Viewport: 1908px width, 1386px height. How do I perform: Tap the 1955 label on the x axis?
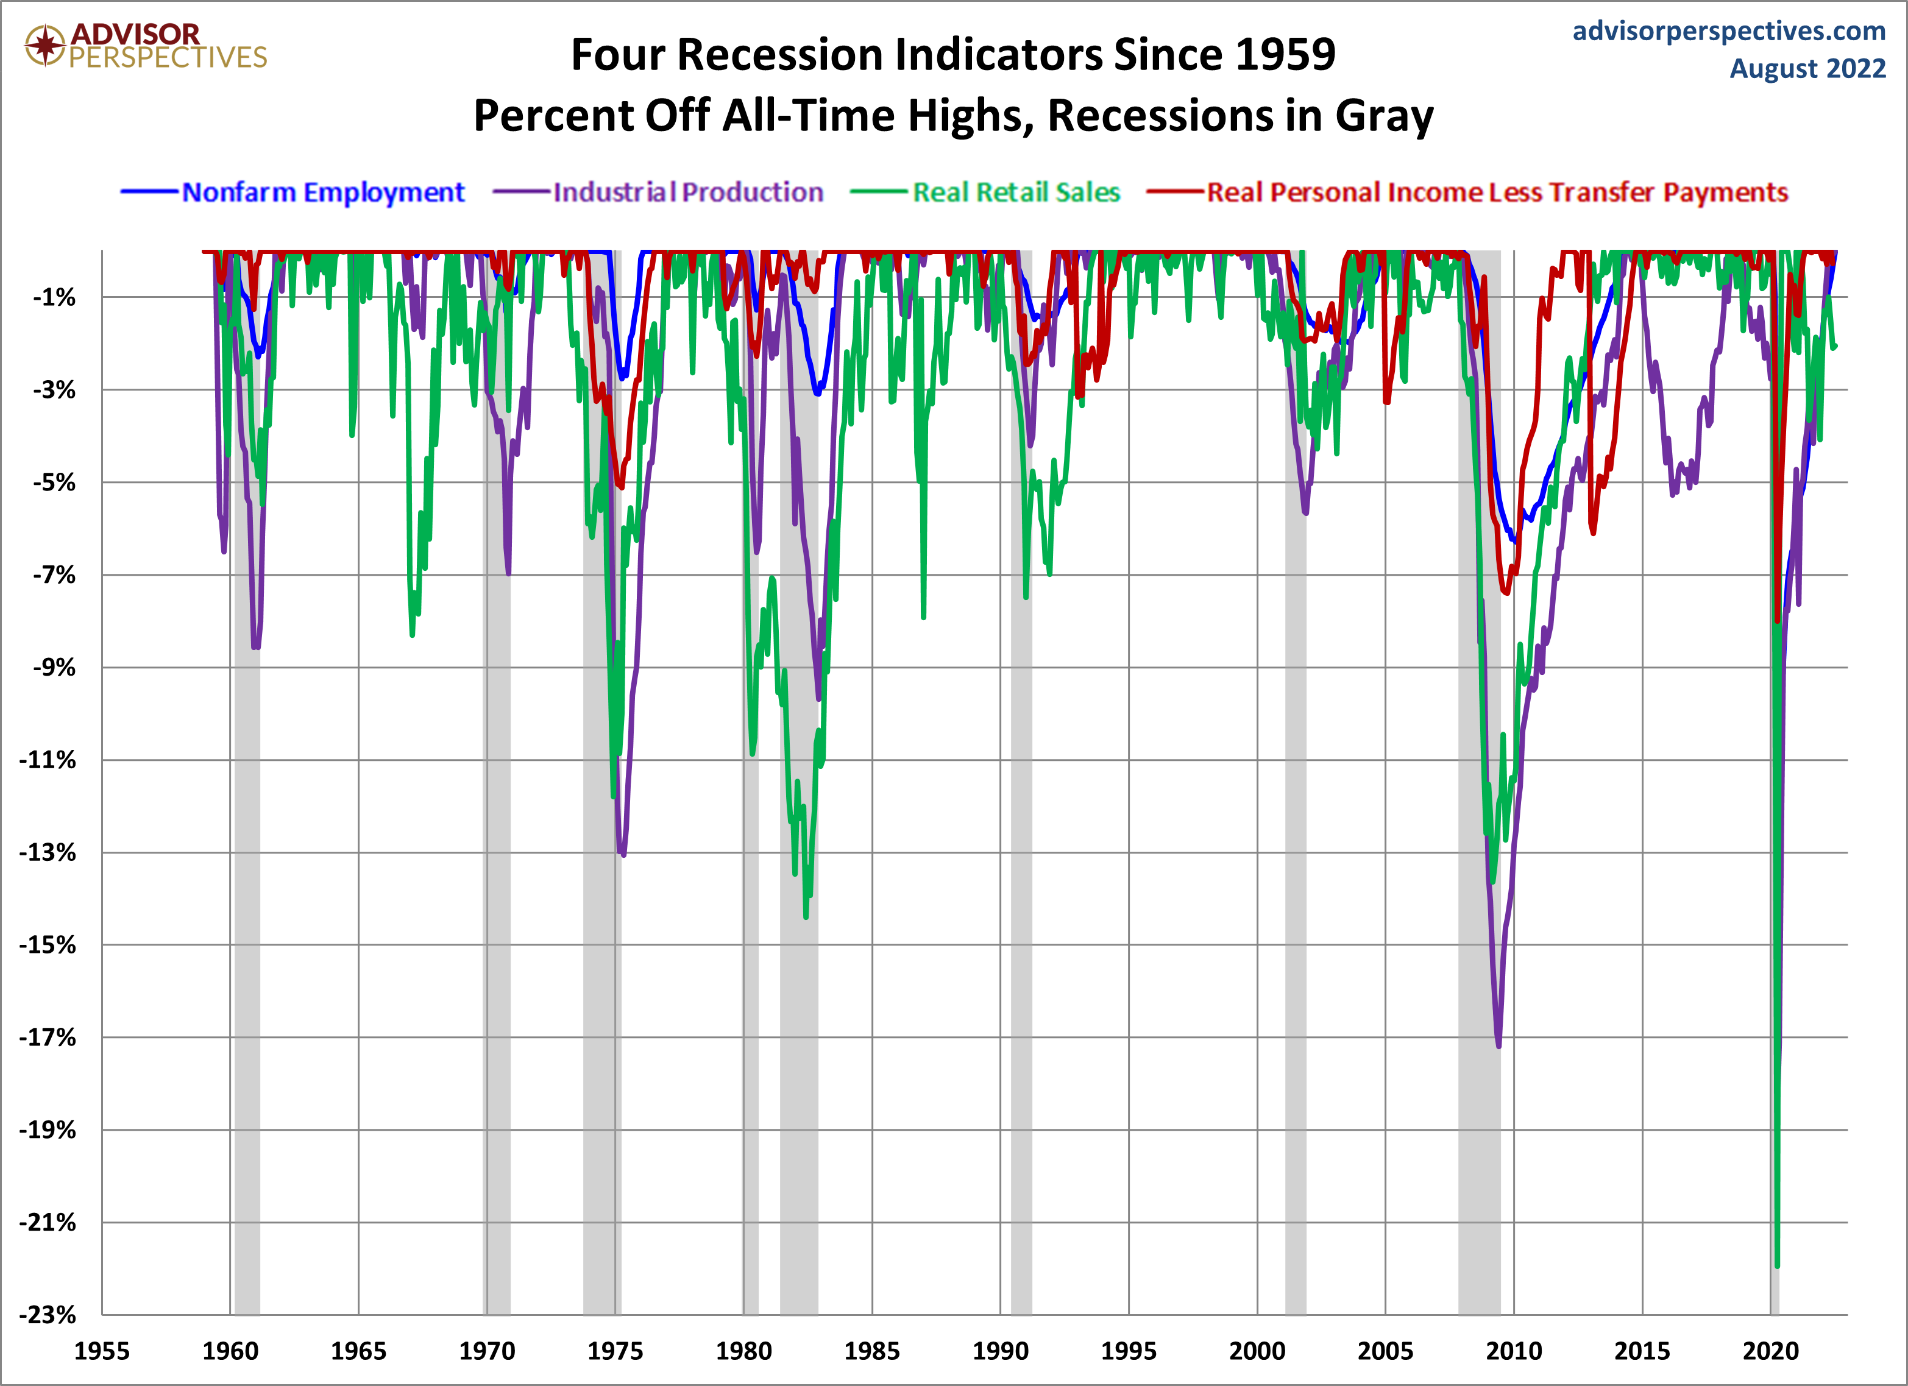coord(102,1351)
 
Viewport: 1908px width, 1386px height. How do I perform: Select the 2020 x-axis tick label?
coord(1770,1351)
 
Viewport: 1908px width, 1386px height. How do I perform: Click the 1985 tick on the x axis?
coord(871,1351)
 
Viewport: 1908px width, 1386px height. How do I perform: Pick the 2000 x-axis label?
coord(1257,1351)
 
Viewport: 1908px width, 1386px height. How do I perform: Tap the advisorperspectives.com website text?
coord(1729,31)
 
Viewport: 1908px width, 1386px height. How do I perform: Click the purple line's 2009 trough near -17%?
coord(1498,1046)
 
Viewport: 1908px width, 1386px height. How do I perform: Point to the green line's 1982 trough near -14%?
coord(806,918)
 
